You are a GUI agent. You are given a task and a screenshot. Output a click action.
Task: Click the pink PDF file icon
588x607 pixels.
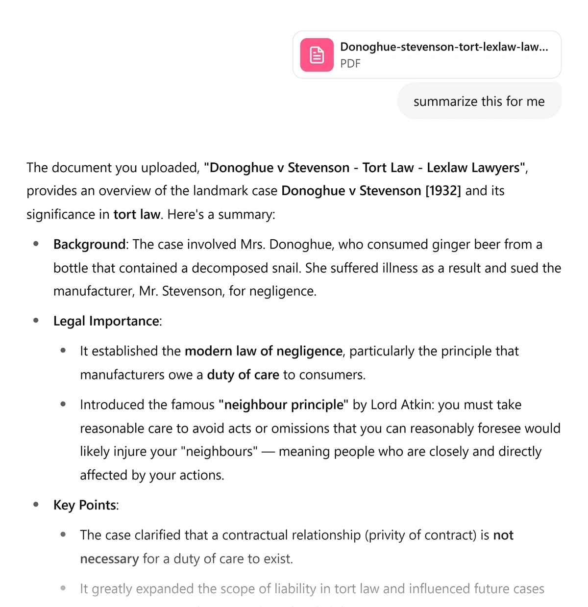317,55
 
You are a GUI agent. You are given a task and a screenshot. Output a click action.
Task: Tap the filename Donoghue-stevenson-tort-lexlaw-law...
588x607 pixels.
444,47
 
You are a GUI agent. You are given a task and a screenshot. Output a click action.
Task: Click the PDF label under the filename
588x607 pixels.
350,64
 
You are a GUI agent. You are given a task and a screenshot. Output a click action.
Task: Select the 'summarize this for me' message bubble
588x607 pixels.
479,101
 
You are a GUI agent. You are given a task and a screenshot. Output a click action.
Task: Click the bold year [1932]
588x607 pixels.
443,191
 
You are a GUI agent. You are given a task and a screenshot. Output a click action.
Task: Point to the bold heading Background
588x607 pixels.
89,244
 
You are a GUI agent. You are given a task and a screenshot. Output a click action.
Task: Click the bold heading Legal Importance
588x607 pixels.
106,321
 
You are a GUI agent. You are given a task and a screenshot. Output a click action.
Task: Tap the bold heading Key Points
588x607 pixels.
85,505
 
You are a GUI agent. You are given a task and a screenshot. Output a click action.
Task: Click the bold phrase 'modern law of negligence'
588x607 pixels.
263,351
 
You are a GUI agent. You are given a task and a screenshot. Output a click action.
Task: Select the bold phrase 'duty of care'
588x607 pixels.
243,375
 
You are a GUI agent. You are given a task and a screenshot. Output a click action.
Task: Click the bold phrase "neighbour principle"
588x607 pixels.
283,405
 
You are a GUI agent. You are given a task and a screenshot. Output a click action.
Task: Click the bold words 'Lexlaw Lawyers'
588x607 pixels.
473,168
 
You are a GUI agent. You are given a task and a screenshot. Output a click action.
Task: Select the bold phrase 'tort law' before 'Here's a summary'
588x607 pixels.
137,215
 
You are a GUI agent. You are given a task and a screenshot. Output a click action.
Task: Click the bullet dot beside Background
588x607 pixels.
36,244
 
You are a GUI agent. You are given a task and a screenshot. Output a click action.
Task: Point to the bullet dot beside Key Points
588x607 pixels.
36,505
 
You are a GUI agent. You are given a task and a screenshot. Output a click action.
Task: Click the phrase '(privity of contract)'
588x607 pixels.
420,535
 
